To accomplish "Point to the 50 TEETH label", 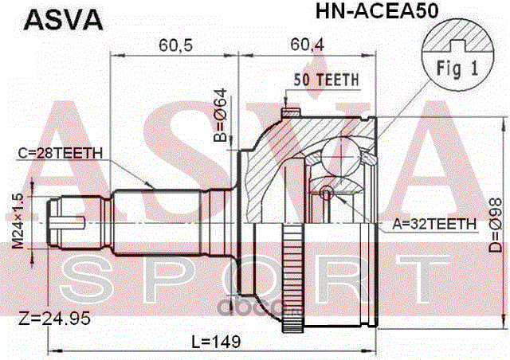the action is (326, 79).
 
